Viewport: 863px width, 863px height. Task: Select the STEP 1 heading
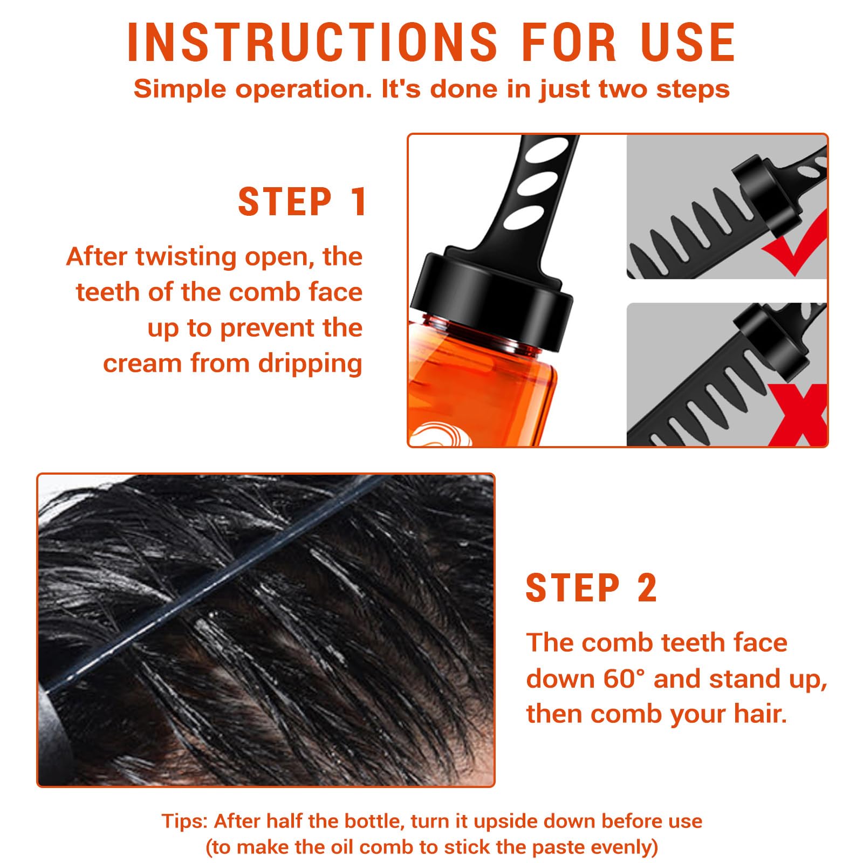pyautogui.click(x=302, y=202)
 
